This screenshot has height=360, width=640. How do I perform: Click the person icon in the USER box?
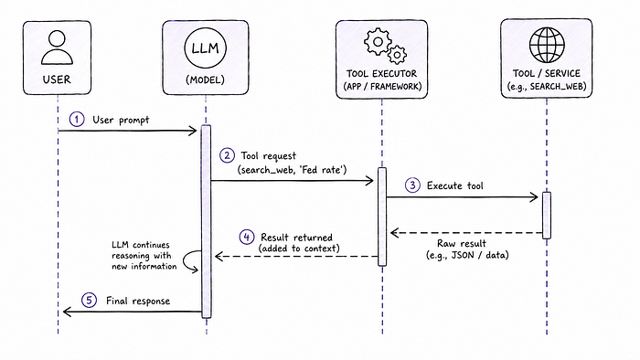57,48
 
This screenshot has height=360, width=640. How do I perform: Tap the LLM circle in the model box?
205,48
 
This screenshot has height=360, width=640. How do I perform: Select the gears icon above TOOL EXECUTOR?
385,46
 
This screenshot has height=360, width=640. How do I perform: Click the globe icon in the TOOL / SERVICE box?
547,45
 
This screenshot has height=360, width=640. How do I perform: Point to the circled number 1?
77,120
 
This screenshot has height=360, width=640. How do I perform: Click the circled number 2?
227,155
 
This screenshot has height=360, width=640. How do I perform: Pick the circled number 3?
412,185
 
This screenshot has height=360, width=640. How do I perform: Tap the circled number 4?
247,237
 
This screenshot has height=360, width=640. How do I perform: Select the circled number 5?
89,301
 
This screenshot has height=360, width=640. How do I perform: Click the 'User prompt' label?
121,120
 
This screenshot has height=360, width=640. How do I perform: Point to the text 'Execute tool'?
454,185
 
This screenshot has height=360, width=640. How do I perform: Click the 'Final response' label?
138,301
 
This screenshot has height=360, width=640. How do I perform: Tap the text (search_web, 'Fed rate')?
293,170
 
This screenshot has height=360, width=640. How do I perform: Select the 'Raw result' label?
462,243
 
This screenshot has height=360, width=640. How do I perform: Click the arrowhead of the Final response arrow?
67,312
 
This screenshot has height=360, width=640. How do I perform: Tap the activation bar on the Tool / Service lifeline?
547,216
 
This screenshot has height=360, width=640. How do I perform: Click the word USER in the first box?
57,79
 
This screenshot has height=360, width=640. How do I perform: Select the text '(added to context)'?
299,249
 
